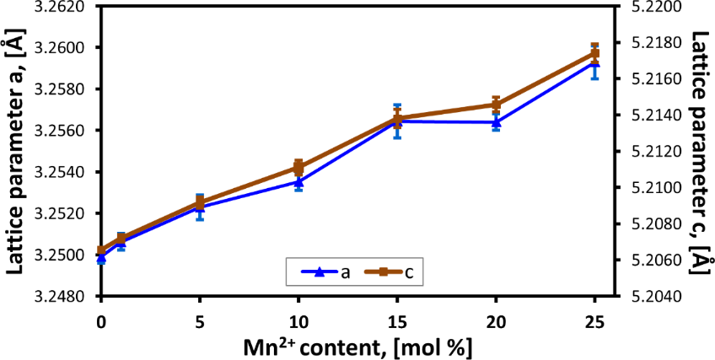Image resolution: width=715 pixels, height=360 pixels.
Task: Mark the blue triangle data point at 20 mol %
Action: point(496,121)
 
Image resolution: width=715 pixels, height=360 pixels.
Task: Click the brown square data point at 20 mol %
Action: point(496,105)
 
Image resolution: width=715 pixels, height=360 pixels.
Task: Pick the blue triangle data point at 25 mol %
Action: point(594,62)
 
